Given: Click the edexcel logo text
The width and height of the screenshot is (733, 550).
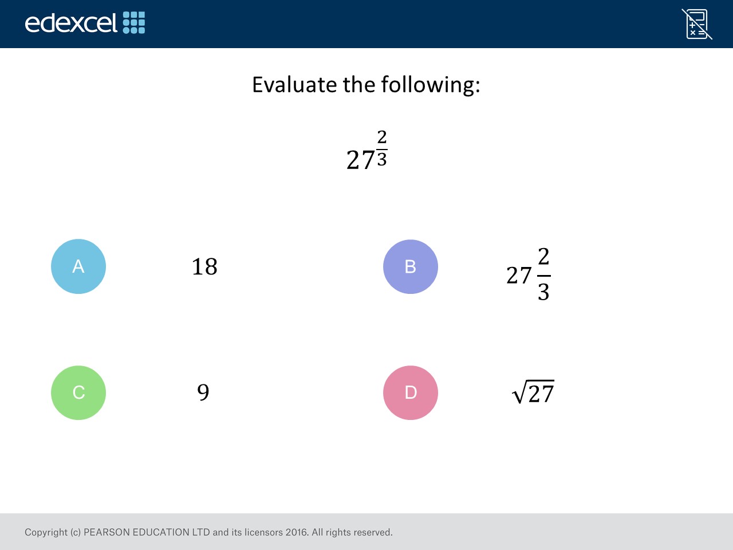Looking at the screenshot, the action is pyautogui.click(x=71, y=23).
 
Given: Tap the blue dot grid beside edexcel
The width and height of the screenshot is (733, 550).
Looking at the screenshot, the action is pyautogui.click(x=134, y=23).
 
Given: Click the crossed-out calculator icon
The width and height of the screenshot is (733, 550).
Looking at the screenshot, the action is pyautogui.click(x=696, y=24).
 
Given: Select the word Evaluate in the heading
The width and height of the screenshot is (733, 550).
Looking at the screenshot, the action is pyautogui.click(x=294, y=84).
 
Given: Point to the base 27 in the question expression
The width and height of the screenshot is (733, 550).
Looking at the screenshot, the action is pyautogui.click(x=361, y=160).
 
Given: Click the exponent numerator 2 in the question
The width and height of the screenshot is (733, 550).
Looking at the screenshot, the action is pyautogui.click(x=382, y=137).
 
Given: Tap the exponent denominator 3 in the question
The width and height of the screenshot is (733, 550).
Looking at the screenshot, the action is pyautogui.click(x=382, y=159).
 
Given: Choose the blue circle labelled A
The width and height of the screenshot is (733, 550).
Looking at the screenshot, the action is pyautogui.click(x=78, y=266).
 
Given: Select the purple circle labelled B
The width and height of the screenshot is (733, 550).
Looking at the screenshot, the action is pyautogui.click(x=411, y=267).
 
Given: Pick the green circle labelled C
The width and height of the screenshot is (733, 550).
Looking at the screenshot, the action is pyautogui.click(x=78, y=392).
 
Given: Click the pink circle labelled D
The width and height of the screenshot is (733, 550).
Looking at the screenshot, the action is pyautogui.click(x=411, y=392).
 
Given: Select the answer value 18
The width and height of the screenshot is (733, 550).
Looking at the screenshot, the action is pyautogui.click(x=204, y=267).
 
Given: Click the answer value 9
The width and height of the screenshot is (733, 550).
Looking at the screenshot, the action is pyautogui.click(x=203, y=392).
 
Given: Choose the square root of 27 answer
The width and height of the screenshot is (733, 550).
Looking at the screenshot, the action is pyautogui.click(x=533, y=392).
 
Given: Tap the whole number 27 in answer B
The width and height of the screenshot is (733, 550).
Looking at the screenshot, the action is pyautogui.click(x=519, y=276).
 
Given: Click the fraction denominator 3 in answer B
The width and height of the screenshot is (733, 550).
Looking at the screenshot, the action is pyautogui.click(x=543, y=292).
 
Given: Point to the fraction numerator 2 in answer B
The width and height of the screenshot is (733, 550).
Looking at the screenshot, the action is pyautogui.click(x=543, y=256).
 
